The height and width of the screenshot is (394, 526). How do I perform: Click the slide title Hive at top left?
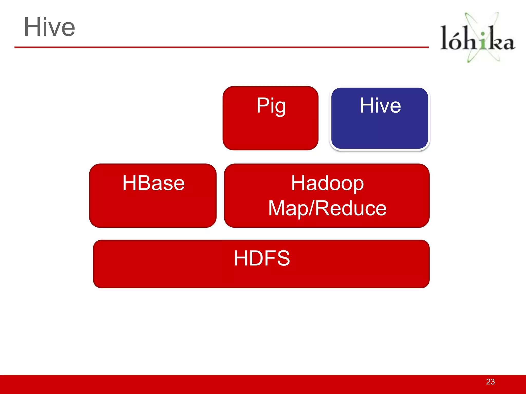click(49, 27)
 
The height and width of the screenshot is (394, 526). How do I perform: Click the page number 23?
click(490, 382)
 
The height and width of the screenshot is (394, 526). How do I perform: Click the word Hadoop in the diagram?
click(327, 183)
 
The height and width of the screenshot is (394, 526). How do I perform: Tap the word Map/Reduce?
click(327, 208)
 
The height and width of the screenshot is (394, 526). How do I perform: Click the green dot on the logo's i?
click(483, 34)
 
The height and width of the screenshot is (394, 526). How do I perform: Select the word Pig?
click(271, 105)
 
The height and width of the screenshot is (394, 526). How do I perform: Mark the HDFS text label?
click(262, 258)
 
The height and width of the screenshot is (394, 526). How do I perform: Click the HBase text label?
click(153, 183)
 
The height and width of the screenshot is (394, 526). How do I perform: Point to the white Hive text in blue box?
click(380, 105)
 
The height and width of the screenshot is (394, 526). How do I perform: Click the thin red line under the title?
click(221, 47)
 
